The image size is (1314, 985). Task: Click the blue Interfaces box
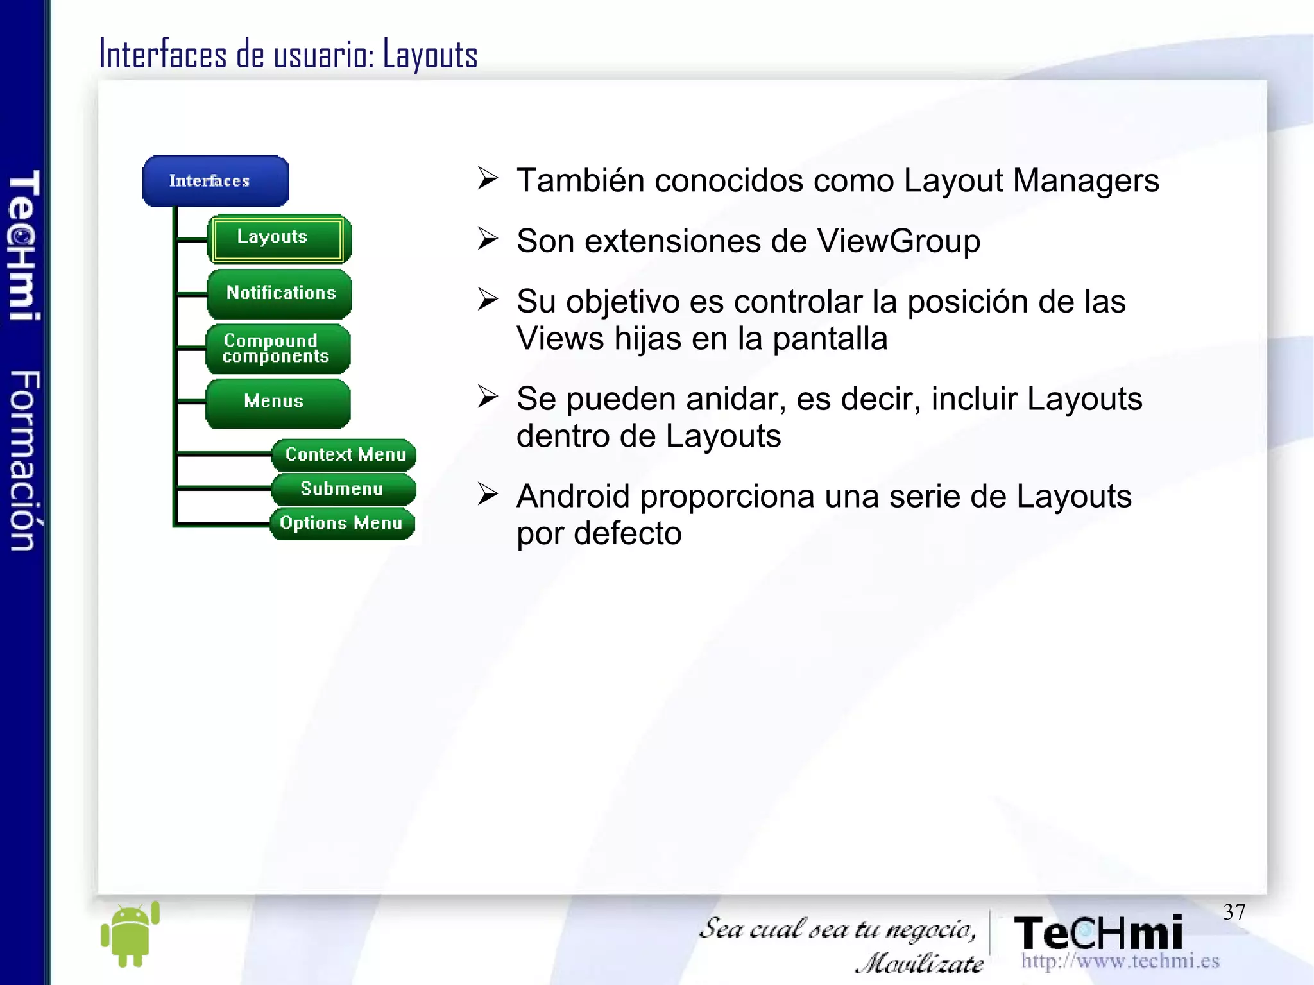(215, 181)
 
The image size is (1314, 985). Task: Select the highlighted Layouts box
(278, 238)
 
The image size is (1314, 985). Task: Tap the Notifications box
(279, 293)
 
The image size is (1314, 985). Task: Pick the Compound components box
(277, 348)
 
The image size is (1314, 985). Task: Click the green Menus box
(277, 402)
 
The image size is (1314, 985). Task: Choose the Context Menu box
(344, 454)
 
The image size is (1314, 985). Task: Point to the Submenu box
(343, 489)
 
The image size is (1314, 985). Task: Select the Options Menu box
(341, 524)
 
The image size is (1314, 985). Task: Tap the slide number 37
(1233, 912)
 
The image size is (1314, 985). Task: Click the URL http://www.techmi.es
(1120, 961)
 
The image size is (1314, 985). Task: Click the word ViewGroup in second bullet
(898, 242)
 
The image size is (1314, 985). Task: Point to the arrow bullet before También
(488, 178)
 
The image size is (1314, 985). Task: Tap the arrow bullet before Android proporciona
(488, 494)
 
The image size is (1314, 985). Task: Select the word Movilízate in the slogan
(919, 963)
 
